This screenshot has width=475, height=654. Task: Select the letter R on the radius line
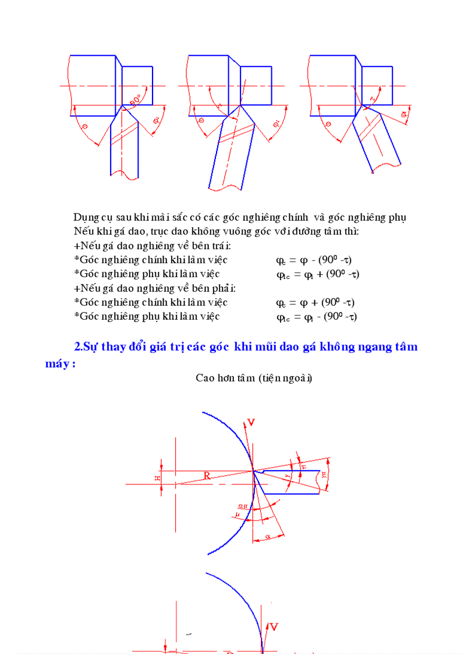[207, 476]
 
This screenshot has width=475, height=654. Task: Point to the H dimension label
[156, 478]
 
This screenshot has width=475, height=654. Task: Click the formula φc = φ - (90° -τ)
[314, 260]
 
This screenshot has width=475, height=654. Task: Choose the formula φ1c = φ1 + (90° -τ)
[317, 274]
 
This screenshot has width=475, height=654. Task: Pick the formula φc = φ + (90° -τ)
[315, 303]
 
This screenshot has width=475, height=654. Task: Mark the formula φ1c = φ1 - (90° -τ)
[316, 317]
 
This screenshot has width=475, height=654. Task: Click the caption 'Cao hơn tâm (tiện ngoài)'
[254, 378]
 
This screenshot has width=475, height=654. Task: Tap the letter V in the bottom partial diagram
[274, 627]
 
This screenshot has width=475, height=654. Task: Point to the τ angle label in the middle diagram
[218, 107]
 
